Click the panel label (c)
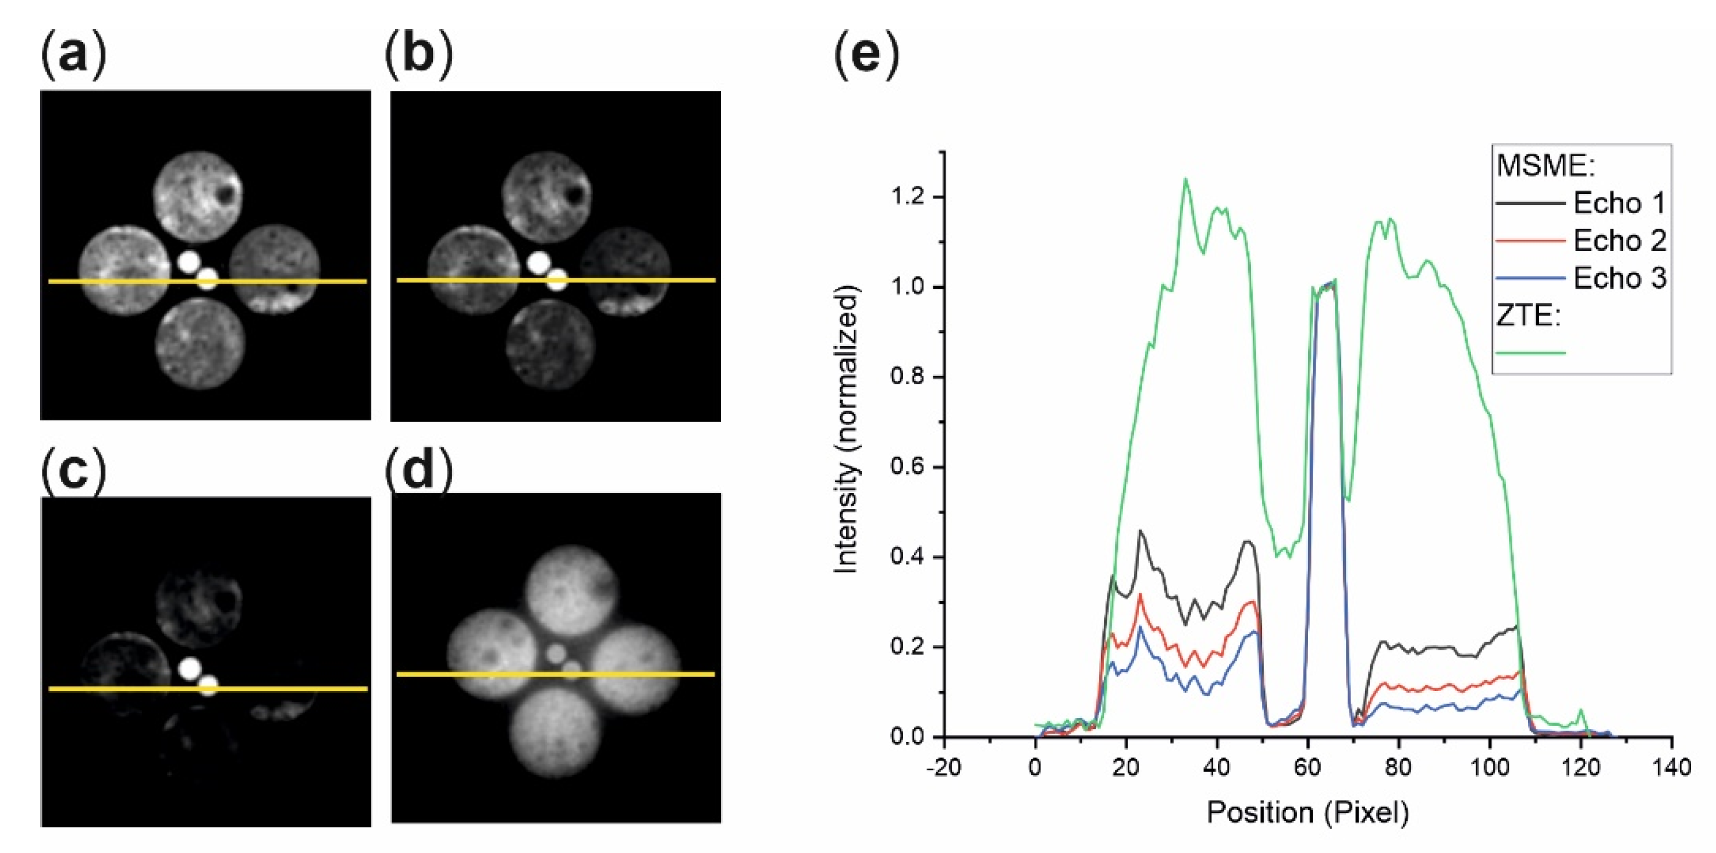coord(73,471)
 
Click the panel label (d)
coord(419,471)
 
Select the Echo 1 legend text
coord(1619,203)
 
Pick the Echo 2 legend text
coord(1619,240)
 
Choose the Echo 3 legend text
coord(1619,278)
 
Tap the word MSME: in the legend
coord(1546,166)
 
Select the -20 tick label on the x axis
coord(944,767)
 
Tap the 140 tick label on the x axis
coord(1672,767)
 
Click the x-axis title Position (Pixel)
coord(1308,813)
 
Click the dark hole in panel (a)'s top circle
coord(226,194)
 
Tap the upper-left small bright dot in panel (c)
coord(190,668)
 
